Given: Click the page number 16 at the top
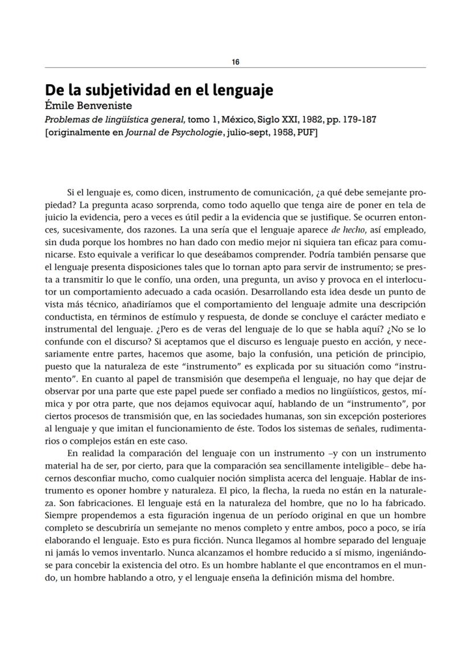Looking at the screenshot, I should (x=235, y=62).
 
